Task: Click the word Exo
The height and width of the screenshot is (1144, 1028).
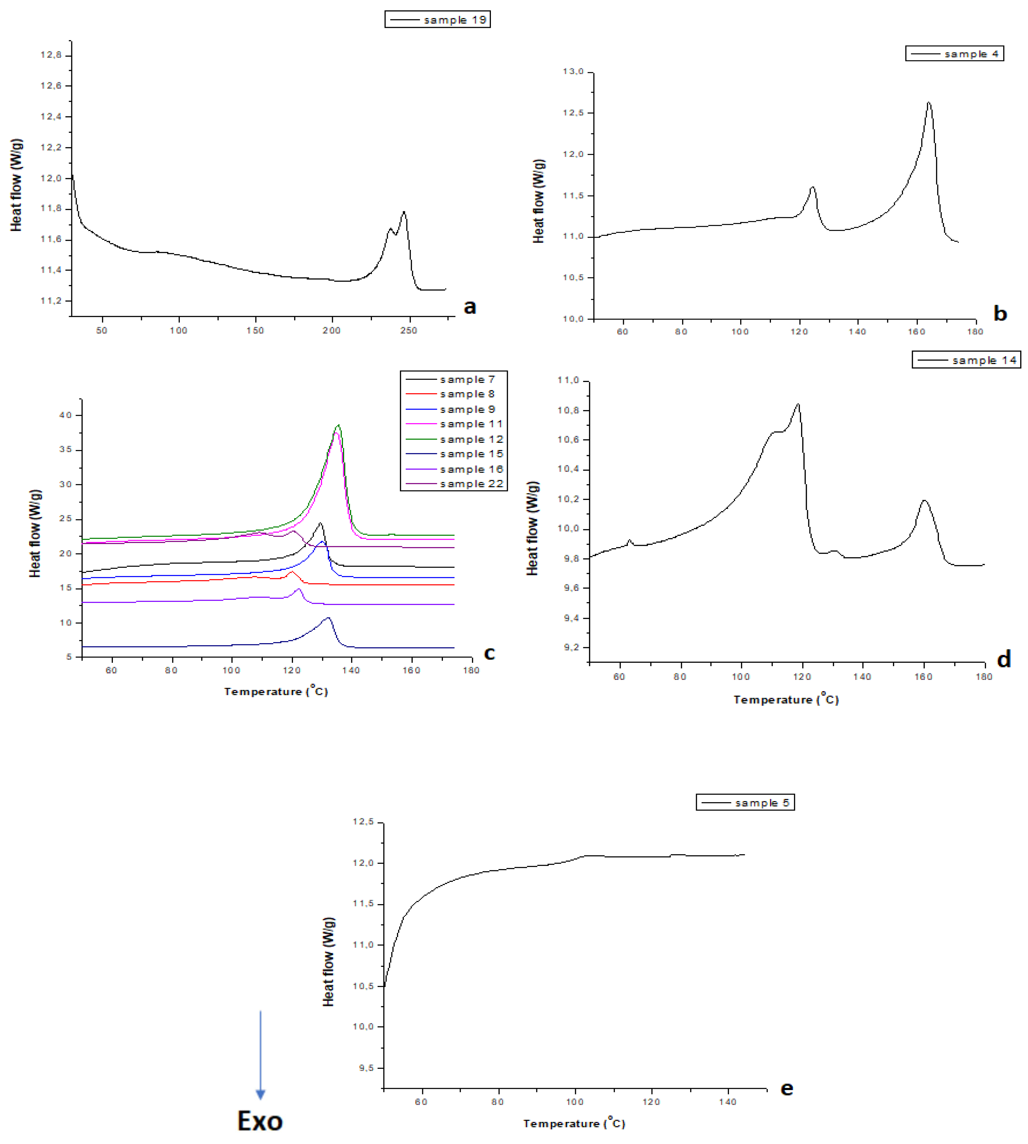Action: point(260,1121)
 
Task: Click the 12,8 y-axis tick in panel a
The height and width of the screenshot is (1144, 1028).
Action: point(51,55)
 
